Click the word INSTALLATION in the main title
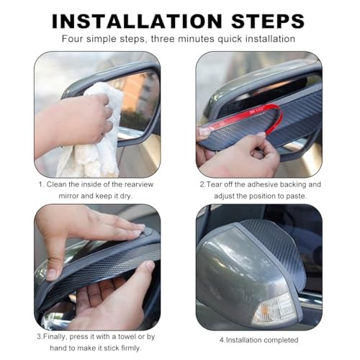coord(137,22)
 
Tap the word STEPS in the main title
coord(268,22)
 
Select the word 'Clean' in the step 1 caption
coord(56,184)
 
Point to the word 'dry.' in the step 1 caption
coord(126,196)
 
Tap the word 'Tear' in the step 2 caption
coord(214,184)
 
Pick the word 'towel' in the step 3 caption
coord(127,337)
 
